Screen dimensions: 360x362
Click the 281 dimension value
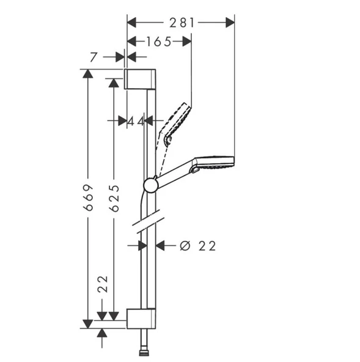[x=182, y=23]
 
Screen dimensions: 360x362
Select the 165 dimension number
[x=159, y=42]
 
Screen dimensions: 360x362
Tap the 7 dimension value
[x=94, y=57]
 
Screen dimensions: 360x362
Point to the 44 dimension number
[x=136, y=121]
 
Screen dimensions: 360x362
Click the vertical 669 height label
[x=89, y=198]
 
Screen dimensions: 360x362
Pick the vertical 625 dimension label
[x=114, y=198]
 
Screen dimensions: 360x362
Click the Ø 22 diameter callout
[x=198, y=246]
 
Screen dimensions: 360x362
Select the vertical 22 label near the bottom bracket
[x=103, y=284]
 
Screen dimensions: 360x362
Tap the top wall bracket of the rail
[x=140, y=79]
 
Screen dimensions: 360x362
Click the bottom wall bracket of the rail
[x=141, y=319]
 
